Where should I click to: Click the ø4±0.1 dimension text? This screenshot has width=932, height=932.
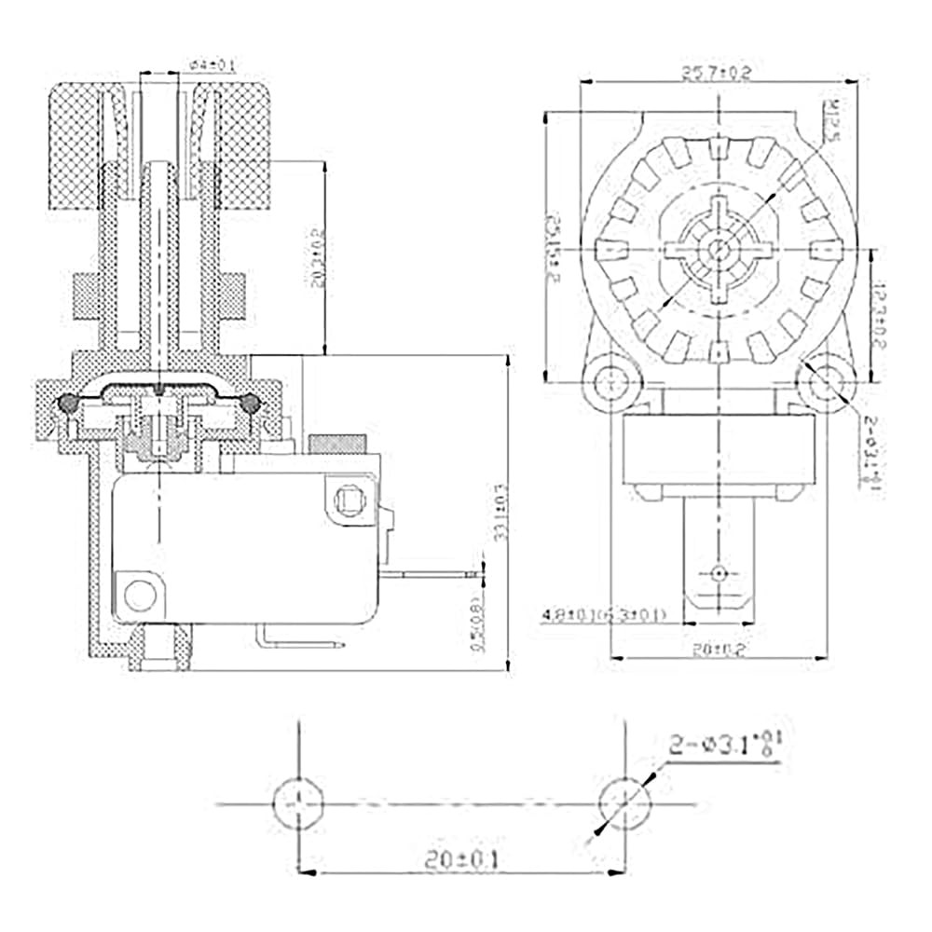pos(212,65)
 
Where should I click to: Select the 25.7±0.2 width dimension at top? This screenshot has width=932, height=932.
pos(717,72)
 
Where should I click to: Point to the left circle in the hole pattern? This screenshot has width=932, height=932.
pos(297,802)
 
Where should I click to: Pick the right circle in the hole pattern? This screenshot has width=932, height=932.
pos(624,802)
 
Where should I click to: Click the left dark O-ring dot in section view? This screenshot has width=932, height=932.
pos(69,403)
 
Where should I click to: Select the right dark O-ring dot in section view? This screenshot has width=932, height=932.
pos(250,403)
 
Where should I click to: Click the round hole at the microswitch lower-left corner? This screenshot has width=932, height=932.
pos(140,594)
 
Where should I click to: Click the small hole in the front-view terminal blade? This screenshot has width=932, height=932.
pos(718,571)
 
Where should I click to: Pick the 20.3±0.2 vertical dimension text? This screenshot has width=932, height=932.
pos(321,260)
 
